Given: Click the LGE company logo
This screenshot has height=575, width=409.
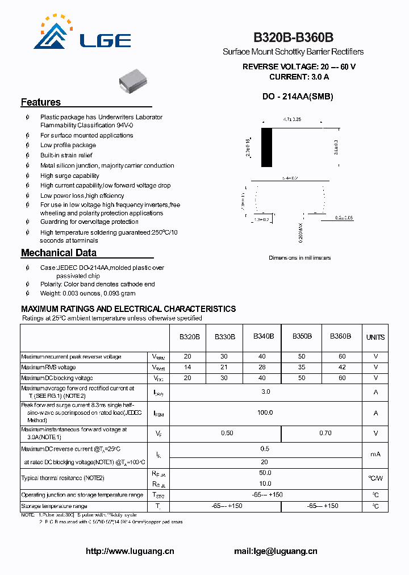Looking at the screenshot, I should [83, 34].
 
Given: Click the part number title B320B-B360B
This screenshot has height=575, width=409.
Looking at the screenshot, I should [293, 37].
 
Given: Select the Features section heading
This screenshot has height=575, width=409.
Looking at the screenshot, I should [41, 102].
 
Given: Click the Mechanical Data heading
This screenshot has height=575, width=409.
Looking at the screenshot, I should [59, 253].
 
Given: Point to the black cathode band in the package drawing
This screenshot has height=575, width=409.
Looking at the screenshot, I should [266, 147].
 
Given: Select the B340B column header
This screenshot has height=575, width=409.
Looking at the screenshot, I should [264, 336].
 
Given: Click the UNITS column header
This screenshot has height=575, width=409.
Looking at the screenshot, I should [375, 337].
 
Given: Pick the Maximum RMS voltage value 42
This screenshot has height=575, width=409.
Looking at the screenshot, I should [341, 367].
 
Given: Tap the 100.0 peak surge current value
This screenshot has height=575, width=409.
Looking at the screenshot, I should [265, 413].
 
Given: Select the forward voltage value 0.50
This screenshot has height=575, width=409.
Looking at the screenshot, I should [227, 433].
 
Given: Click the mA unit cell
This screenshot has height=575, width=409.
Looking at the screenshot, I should [375, 454].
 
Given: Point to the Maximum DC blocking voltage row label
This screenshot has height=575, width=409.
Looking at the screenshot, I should [57, 378].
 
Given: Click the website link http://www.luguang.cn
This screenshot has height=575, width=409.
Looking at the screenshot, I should [130, 551].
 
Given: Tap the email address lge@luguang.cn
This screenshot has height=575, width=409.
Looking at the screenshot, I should [276, 551].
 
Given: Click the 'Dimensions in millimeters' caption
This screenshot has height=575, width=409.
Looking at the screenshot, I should [299, 258].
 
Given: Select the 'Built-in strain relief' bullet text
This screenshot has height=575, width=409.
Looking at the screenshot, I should [66, 155].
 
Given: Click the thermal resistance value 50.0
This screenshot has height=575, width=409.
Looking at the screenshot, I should [265, 473].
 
